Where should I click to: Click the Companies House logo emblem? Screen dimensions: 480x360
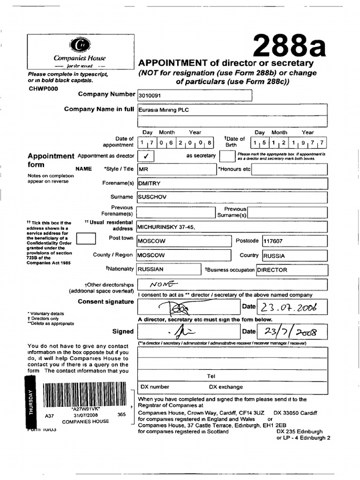click(79, 45)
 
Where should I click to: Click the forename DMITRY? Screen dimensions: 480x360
click(150, 183)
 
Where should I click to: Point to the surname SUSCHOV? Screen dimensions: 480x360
click(152, 197)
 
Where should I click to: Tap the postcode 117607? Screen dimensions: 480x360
click(274, 241)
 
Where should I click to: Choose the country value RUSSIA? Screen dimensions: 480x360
click(274, 256)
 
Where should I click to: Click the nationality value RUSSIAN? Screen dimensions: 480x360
click(150, 270)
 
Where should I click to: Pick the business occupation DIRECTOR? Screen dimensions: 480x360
click(272, 270)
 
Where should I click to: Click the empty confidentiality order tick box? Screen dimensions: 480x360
click(85, 240)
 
